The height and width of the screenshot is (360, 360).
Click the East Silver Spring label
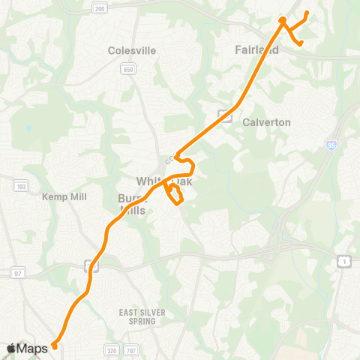click(x=136, y=316)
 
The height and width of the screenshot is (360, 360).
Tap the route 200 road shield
click(x=98, y=7)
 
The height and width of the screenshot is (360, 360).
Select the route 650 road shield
click(x=128, y=69)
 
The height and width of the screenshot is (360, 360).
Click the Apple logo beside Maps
click(x=11, y=348)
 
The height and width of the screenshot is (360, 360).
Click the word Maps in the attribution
click(x=34, y=348)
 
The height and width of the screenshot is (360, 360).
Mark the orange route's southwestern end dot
click(x=54, y=346)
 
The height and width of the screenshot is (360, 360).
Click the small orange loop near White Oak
click(x=175, y=196)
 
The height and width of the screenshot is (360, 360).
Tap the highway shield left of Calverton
click(x=223, y=115)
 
